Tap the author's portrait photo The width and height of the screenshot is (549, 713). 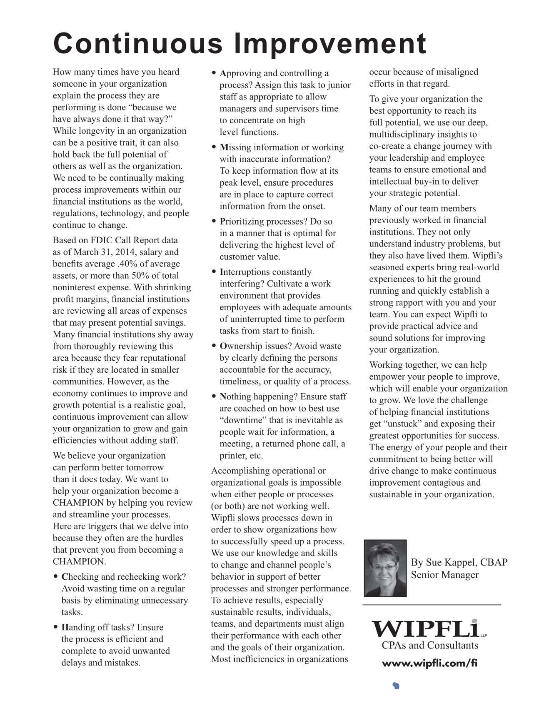tap(385, 568)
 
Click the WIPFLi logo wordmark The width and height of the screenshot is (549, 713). tap(424, 629)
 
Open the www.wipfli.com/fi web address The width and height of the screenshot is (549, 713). tap(429, 663)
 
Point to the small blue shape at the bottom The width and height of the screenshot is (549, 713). tap(396, 686)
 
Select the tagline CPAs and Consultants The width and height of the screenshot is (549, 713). tap(429, 646)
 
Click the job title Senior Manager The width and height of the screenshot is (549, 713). tap(444, 575)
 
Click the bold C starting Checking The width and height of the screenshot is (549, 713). tap(65, 577)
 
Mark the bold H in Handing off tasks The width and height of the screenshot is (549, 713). tap(65, 628)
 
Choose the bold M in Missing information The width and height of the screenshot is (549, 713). tap(224, 147)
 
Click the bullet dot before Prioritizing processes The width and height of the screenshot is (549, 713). tap(214, 222)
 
